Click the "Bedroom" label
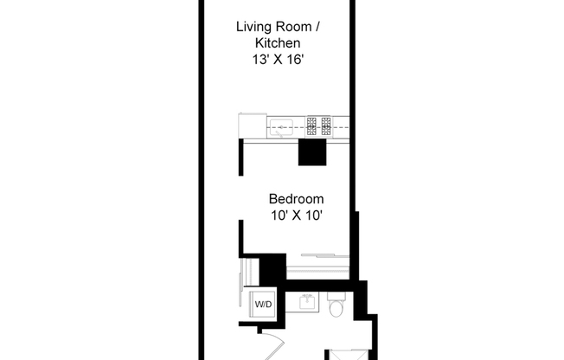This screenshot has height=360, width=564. pyautogui.click(x=296, y=199)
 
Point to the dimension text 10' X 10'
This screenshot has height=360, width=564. pyautogui.click(x=296, y=216)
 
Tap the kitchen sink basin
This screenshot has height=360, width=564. pyautogui.click(x=281, y=128)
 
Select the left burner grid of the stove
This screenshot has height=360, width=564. pyautogui.click(x=311, y=126)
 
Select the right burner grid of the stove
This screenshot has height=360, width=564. pyautogui.click(x=327, y=126)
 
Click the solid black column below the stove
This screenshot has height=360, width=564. pyautogui.click(x=311, y=152)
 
